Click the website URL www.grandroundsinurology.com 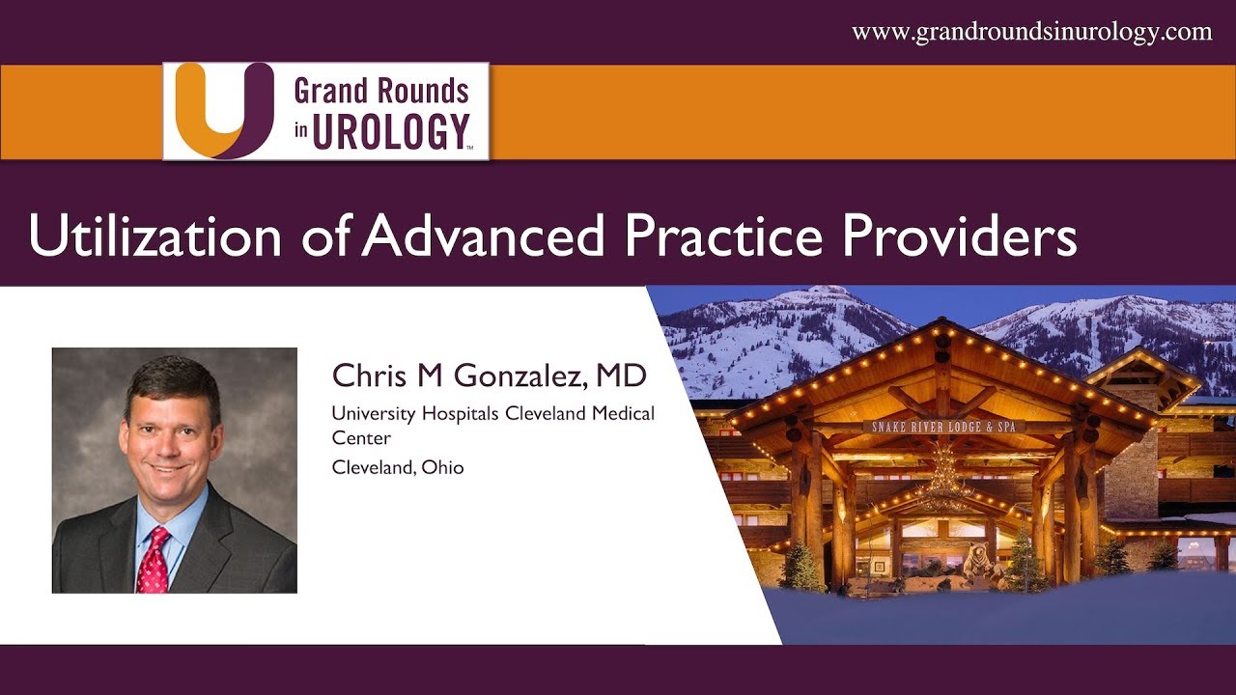coord(1031,32)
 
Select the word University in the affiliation coord(371,413)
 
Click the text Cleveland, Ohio coord(398,467)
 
